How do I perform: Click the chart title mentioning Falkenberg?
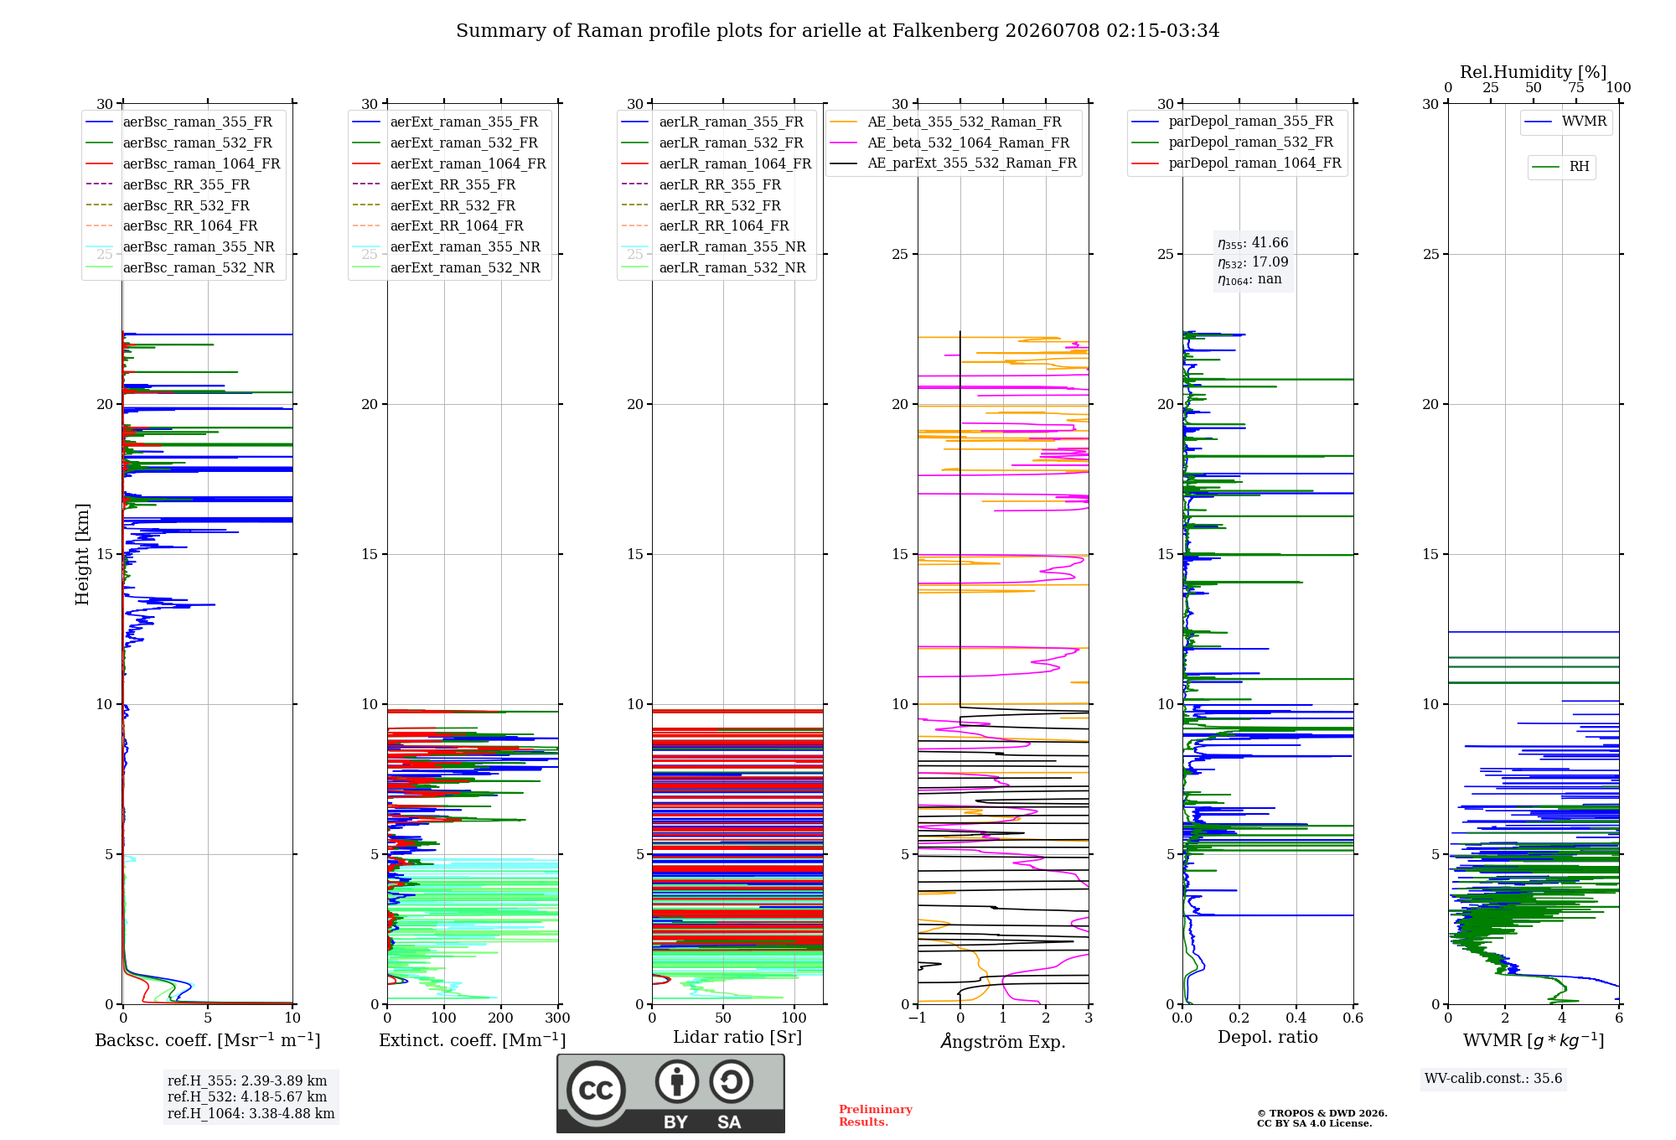(837, 31)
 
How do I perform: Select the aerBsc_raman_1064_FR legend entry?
(183, 163)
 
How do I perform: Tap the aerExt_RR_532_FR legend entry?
(433, 205)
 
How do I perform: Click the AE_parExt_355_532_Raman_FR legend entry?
(953, 163)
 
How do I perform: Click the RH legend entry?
(1560, 167)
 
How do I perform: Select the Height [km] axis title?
(82, 554)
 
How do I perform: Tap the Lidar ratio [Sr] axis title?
(737, 1038)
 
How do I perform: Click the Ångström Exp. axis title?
(1003, 1041)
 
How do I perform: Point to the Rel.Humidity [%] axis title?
(1534, 72)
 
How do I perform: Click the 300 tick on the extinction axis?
(557, 1018)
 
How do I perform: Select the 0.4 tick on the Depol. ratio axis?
(1296, 1018)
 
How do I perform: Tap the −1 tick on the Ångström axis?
(917, 1018)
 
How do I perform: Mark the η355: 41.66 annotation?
(1253, 243)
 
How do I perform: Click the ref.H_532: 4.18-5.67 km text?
(247, 1096)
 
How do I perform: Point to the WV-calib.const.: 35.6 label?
(1493, 1079)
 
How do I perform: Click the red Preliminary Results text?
(876, 1116)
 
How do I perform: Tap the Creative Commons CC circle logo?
(597, 1091)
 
